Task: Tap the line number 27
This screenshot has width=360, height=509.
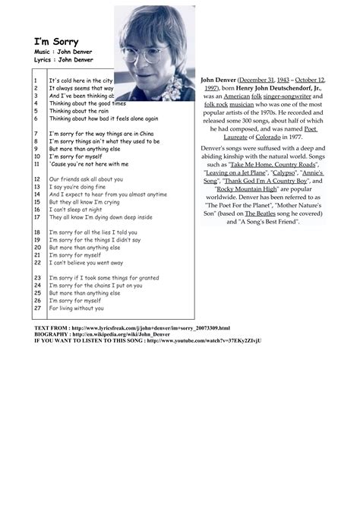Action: (36, 308)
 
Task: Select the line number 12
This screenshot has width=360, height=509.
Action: (36, 179)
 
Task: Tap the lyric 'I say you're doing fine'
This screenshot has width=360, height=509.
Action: (77, 187)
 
